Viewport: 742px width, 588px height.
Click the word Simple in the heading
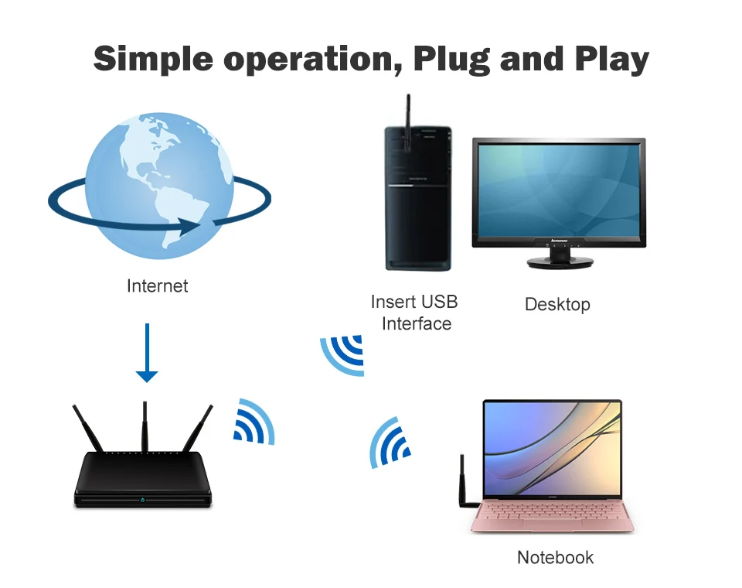click(153, 59)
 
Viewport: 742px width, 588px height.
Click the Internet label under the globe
click(157, 285)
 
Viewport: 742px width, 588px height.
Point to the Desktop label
click(557, 304)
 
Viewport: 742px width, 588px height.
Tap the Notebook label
click(555, 557)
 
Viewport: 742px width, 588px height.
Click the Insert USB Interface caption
click(414, 313)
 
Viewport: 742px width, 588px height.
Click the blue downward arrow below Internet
click(147, 353)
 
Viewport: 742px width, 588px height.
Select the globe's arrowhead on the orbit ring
click(189, 226)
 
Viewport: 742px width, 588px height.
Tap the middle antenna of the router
click(145, 426)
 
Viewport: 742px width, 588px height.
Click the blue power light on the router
click(143, 500)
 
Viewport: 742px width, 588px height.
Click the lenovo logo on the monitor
click(559, 241)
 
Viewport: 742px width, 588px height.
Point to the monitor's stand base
click(560, 262)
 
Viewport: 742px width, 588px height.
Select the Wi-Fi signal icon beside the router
click(254, 422)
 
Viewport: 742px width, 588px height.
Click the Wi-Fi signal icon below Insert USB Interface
click(342, 355)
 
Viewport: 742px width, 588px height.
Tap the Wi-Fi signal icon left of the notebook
click(390, 443)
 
